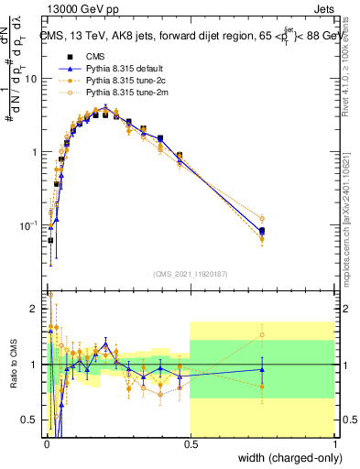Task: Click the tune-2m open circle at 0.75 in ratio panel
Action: pos(262,334)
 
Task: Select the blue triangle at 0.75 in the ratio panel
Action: pos(262,370)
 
